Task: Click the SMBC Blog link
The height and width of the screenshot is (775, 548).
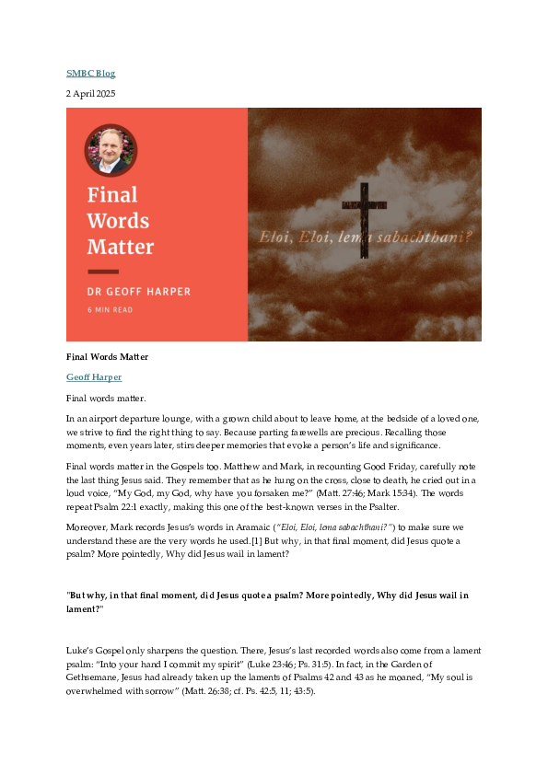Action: coord(90,74)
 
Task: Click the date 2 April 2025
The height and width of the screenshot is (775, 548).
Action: coord(90,94)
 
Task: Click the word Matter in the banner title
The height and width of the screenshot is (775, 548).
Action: coord(121,247)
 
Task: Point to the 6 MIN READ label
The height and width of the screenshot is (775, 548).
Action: coord(111,310)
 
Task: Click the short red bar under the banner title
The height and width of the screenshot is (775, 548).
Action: coord(103,272)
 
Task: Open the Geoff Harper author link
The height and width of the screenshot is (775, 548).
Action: coord(94,376)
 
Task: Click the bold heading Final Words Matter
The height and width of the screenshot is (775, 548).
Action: coord(108,356)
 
